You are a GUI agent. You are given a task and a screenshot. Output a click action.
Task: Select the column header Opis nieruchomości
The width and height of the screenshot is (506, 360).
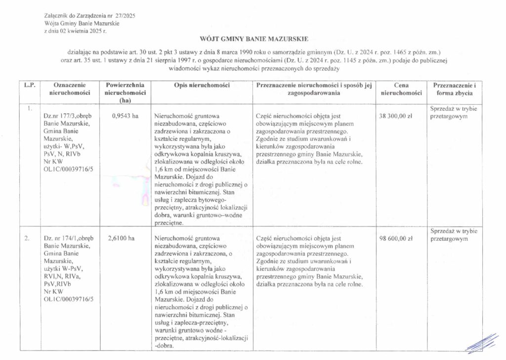pos(202,86)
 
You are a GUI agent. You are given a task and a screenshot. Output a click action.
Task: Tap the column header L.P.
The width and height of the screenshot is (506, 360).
pos(27,86)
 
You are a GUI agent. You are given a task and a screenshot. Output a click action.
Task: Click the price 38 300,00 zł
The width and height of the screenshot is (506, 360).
pos(396,116)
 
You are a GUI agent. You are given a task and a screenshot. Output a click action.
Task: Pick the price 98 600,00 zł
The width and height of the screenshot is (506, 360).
pos(396,238)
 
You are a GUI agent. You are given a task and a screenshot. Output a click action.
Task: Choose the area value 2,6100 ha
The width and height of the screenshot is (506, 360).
pos(121,238)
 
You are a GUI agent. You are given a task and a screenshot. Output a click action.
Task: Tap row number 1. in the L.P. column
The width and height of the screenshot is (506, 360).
pos(30,108)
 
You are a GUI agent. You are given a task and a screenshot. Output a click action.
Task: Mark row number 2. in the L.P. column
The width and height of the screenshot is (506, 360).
pos(27,238)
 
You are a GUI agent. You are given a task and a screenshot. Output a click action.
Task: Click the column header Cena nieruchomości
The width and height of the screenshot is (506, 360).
pos(401,89)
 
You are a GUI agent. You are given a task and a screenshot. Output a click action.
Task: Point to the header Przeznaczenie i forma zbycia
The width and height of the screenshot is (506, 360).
pos(454,89)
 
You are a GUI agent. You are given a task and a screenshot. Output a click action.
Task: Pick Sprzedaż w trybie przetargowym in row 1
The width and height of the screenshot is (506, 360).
pos(454,112)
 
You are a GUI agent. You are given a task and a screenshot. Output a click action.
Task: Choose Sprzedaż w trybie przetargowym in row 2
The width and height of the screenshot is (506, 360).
pos(454,234)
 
